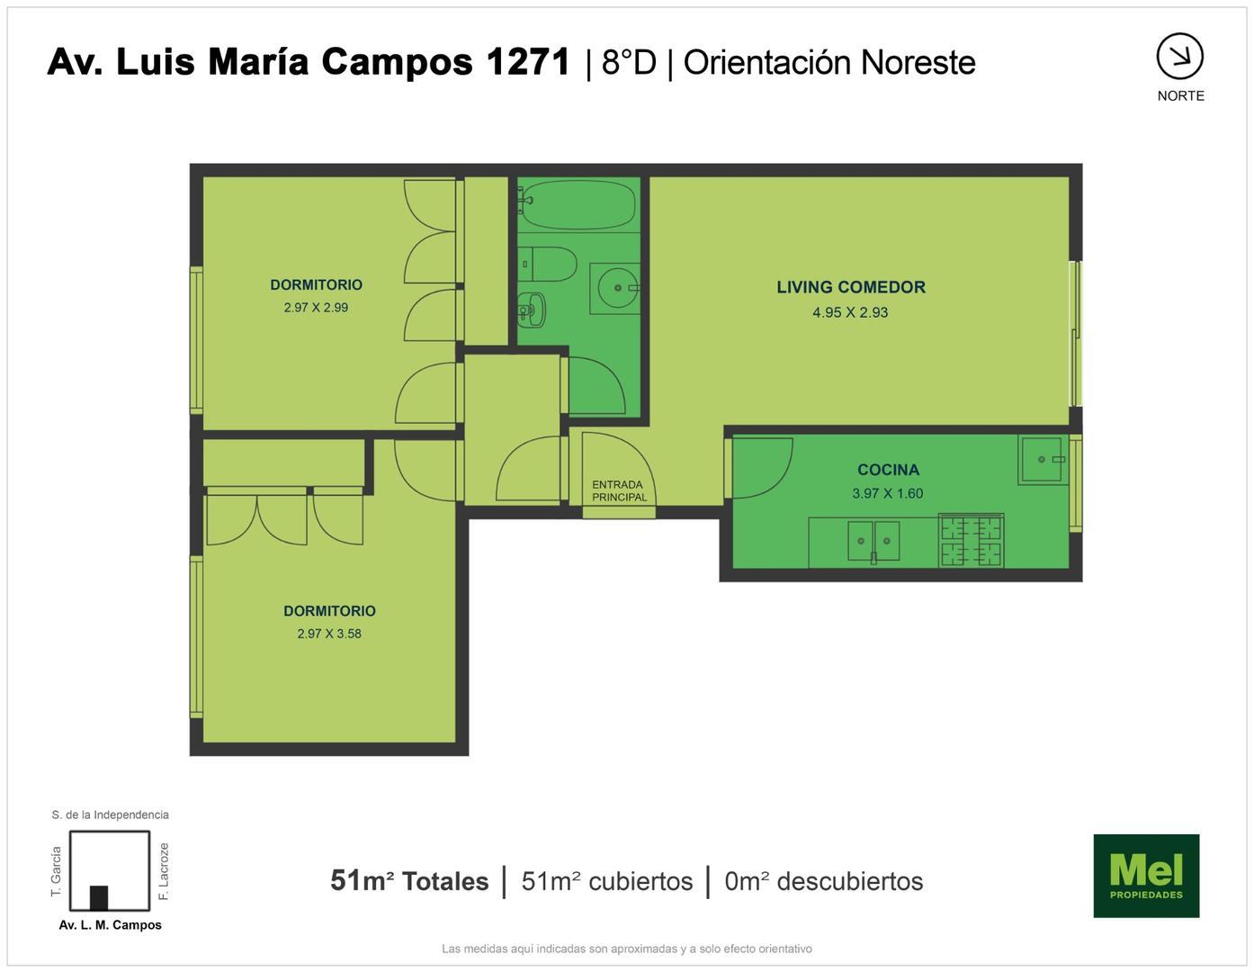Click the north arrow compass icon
[x=1179, y=57]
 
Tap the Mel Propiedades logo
[x=1145, y=876]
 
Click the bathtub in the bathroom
[x=578, y=204]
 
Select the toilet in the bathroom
[x=551, y=264]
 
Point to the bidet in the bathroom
[x=533, y=310]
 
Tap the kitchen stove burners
[x=971, y=540]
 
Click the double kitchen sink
[x=873, y=541]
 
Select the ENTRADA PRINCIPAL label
[x=619, y=490]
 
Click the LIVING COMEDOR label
[x=850, y=287]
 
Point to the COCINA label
[x=888, y=470]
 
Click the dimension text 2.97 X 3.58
[x=329, y=634]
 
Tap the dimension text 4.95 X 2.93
[x=850, y=312]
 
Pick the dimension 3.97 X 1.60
[x=887, y=493]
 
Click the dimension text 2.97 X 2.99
[x=316, y=307]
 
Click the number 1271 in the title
[x=528, y=62]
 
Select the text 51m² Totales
[x=409, y=880]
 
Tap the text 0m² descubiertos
[x=823, y=880]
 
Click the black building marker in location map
[x=99, y=897]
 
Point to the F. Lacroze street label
[x=164, y=871]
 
